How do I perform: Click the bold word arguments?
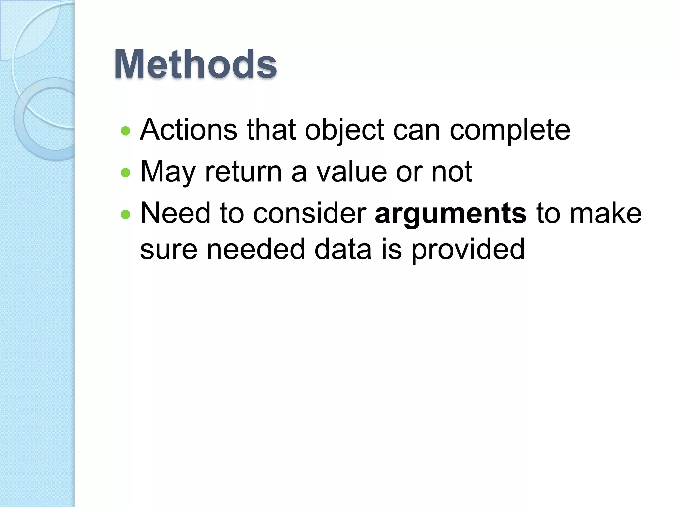451,214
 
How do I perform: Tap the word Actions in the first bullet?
189,130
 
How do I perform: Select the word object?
344,130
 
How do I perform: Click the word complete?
510,130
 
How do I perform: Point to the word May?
168,172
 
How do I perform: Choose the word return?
243,172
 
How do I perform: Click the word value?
351,172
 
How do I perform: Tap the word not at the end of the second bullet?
452,172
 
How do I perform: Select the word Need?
175,214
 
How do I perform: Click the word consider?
310,214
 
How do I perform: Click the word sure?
169,249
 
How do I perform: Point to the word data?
343,249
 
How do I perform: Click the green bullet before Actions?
126,131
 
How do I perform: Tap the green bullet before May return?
126,173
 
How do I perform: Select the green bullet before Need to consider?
126,215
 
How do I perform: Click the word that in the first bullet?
271,130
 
